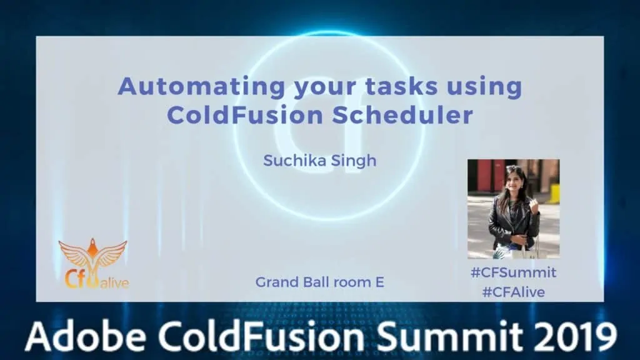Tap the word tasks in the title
(x=401, y=86)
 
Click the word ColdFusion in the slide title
(x=245, y=115)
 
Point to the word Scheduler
(x=402, y=115)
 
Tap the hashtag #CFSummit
(x=514, y=272)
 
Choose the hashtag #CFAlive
(x=514, y=292)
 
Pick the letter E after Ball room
(x=379, y=282)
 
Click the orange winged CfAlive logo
(x=94, y=263)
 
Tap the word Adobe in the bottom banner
(x=86, y=336)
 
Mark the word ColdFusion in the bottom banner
(x=261, y=336)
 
